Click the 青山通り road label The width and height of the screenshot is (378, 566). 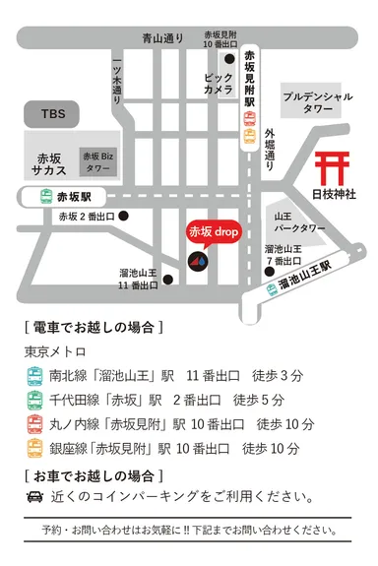(162, 38)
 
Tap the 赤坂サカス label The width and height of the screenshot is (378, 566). (50, 162)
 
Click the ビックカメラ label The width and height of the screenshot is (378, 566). (219, 83)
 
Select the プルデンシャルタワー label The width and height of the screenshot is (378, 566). (317, 104)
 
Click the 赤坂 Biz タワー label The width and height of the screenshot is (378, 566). (97, 160)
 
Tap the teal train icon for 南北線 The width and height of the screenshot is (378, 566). (34, 375)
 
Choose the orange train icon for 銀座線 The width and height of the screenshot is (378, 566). (34, 449)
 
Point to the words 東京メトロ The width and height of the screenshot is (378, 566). (55, 351)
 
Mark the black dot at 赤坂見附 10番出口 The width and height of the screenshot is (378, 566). (228, 58)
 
